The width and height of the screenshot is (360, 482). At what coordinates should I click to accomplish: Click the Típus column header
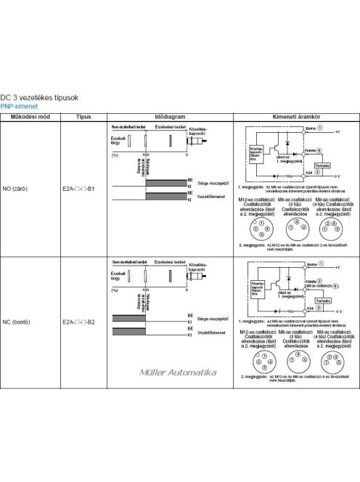(x=83, y=116)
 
